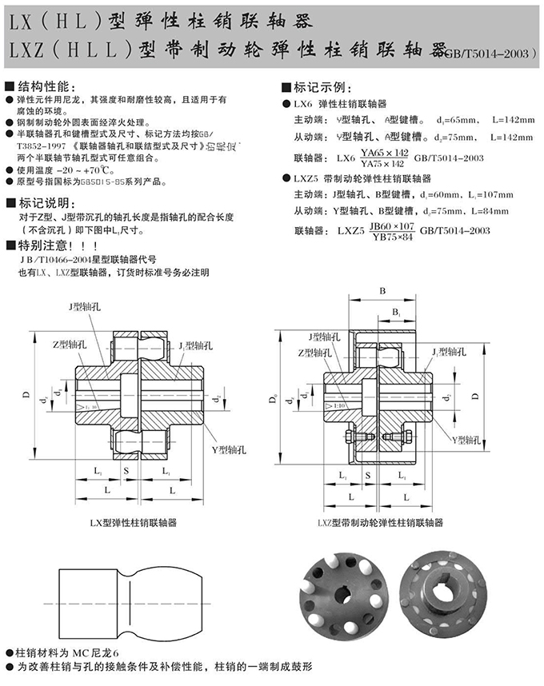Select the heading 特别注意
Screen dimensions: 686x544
click(50, 245)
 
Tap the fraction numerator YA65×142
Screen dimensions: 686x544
click(384, 152)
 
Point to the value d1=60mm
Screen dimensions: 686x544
click(445, 193)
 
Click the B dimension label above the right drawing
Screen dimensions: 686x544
click(383, 290)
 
